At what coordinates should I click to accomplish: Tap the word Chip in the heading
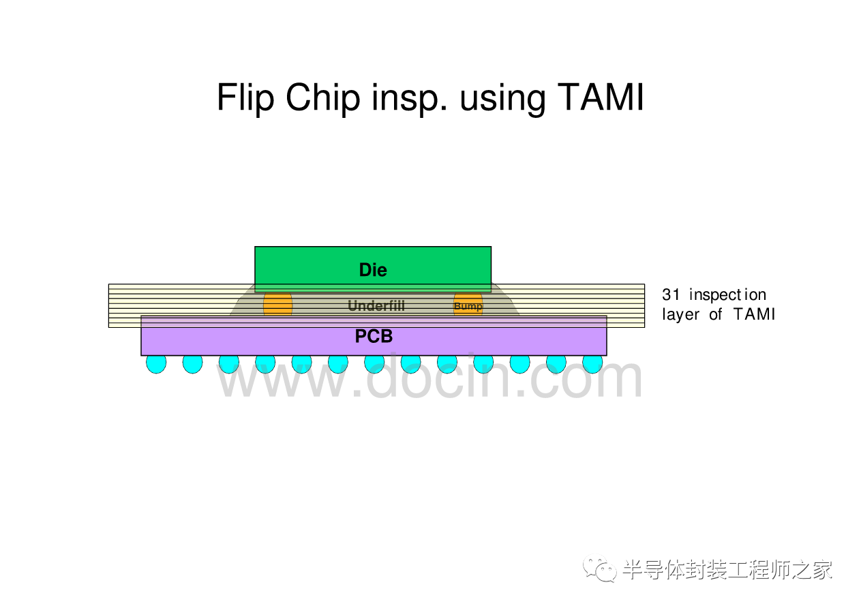(x=322, y=98)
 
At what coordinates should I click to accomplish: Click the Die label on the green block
(x=373, y=270)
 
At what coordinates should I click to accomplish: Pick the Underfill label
(x=376, y=305)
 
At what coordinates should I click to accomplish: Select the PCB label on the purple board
(x=374, y=337)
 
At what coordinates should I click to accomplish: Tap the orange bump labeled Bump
(x=468, y=305)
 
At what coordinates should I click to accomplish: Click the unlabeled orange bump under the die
(x=277, y=304)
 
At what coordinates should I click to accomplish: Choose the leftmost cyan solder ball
(x=156, y=363)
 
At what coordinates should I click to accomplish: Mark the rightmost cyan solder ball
(x=592, y=363)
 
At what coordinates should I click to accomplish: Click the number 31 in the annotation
(x=671, y=295)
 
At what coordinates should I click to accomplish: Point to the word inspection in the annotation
(x=727, y=295)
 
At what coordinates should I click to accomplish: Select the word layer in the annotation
(x=681, y=314)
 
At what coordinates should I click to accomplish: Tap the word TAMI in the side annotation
(x=754, y=314)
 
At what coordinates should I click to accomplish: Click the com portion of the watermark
(x=592, y=379)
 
